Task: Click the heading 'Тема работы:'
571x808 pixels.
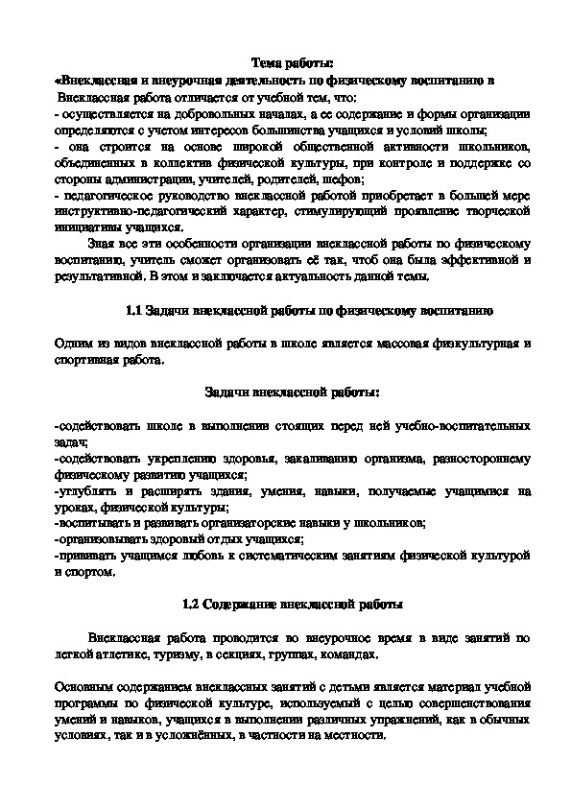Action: [x=285, y=63]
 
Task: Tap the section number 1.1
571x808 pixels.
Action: [x=134, y=310]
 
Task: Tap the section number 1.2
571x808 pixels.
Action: [x=189, y=605]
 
